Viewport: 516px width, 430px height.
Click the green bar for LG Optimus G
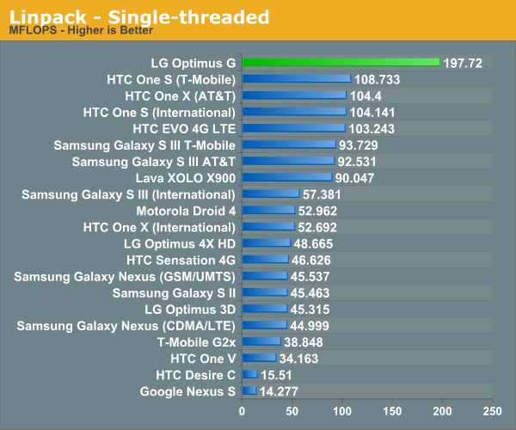click(x=341, y=63)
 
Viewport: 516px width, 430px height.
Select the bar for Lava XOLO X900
click(x=287, y=177)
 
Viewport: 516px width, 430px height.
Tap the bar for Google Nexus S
click(x=249, y=391)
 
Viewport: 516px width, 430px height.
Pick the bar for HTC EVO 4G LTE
click(x=293, y=128)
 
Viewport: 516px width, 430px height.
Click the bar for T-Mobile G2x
click(x=261, y=341)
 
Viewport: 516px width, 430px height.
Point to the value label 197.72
click(x=464, y=63)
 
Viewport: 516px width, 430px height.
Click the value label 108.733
click(x=377, y=79)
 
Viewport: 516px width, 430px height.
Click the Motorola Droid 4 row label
click(x=185, y=210)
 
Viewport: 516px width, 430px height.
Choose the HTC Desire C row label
click(x=195, y=375)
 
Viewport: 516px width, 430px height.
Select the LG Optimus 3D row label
click(x=189, y=309)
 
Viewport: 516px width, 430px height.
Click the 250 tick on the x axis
click(x=493, y=410)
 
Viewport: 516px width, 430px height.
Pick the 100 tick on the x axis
click(x=342, y=410)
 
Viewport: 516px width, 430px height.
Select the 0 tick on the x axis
click(x=243, y=410)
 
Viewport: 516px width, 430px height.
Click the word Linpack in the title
click(x=42, y=16)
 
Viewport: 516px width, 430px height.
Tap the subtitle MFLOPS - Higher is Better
click(x=81, y=31)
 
